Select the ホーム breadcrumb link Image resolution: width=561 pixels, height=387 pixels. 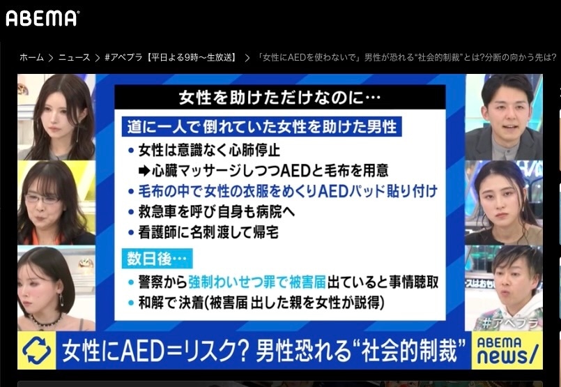(x=31, y=57)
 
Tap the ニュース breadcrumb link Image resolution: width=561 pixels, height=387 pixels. (x=74, y=57)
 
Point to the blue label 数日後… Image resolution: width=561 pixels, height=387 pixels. (x=155, y=258)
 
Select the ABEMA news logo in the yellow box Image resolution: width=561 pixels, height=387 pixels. (x=507, y=350)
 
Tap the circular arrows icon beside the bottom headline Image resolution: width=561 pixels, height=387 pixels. (x=36, y=350)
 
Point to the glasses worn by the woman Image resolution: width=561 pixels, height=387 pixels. (x=43, y=198)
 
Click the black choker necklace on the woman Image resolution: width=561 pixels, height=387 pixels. (x=47, y=320)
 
